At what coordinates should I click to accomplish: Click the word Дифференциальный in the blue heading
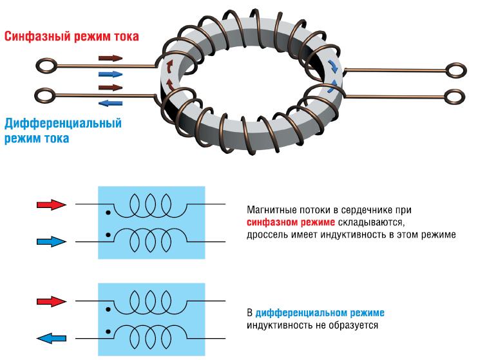pyautogui.click(x=62, y=123)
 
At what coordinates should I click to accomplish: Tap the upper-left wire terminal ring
pyautogui.click(x=45, y=64)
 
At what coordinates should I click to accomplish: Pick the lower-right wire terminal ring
pyautogui.click(x=454, y=97)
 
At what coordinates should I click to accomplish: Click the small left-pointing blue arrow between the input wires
pyautogui.click(x=111, y=102)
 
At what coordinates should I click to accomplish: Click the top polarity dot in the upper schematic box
pyautogui.click(x=108, y=213)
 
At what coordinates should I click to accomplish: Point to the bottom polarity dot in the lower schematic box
pyautogui.click(x=108, y=331)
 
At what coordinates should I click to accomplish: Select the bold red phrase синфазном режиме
pyautogui.click(x=287, y=223)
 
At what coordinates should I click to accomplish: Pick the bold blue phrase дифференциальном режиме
pyautogui.click(x=320, y=313)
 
